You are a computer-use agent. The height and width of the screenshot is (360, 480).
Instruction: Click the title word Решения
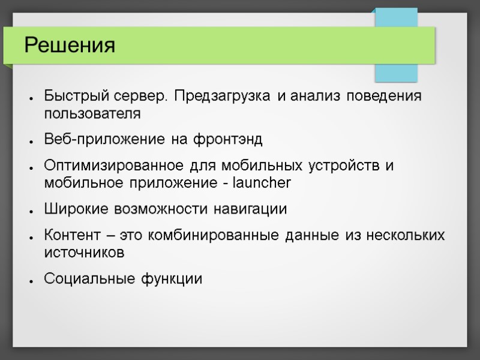[x=69, y=45]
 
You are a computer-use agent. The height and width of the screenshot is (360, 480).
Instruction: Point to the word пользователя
[x=93, y=113]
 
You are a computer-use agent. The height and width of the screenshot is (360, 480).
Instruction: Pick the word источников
[x=84, y=253]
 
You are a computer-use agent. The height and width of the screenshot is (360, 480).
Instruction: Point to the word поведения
[x=386, y=97]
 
